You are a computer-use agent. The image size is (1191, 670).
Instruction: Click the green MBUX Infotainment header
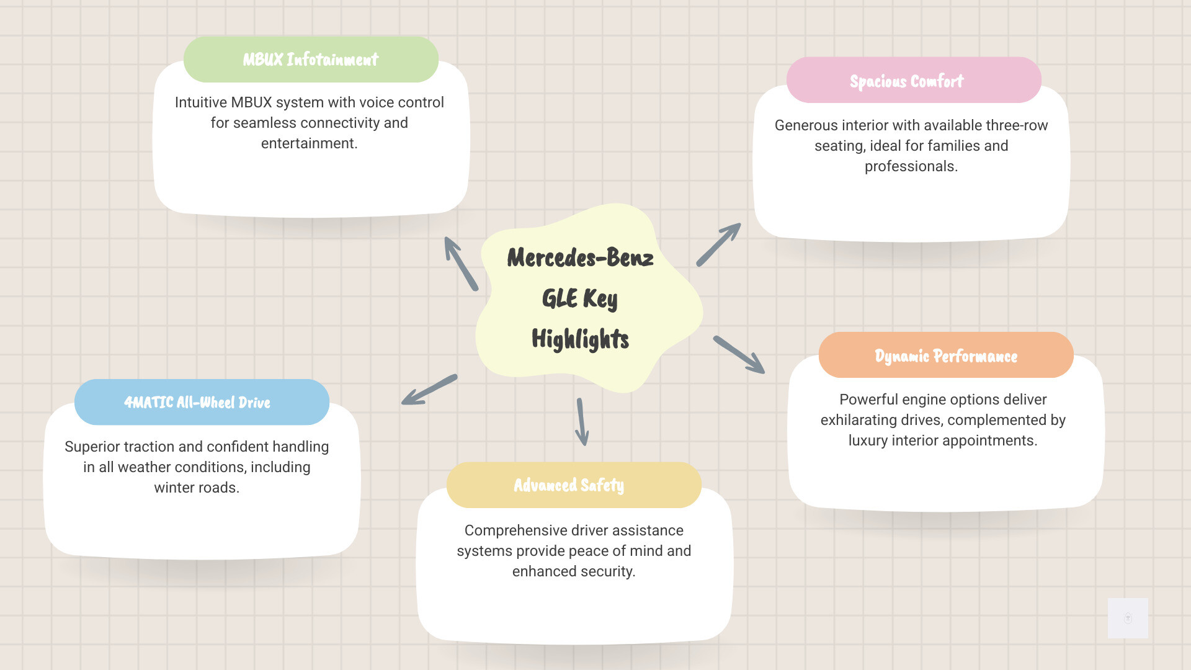click(x=311, y=60)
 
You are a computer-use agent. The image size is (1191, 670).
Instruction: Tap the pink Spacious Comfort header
click(x=914, y=80)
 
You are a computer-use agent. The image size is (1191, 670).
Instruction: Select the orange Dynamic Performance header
click(x=946, y=355)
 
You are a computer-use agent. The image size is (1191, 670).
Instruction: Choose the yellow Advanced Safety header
click(x=574, y=485)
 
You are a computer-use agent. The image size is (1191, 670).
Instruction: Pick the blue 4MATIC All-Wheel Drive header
click(x=202, y=402)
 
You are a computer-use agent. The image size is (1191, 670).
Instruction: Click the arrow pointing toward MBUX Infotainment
click(x=461, y=264)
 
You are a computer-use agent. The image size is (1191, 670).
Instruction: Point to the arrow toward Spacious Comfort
click(x=719, y=244)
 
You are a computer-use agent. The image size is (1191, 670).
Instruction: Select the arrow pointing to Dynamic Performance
click(x=739, y=355)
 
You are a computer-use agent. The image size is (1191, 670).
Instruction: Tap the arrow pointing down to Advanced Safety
click(x=582, y=422)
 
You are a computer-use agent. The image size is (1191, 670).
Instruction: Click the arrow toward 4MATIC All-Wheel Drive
click(x=429, y=390)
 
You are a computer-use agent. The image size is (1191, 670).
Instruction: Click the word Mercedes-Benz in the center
click(x=580, y=257)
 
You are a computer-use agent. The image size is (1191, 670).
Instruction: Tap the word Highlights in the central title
click(x=580, y=339)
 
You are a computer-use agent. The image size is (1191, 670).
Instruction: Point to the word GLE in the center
click(x=560, y=298)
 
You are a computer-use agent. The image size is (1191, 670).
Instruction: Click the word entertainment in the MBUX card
click(x=309, y=143)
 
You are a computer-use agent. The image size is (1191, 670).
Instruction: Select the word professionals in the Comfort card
click(x=911, y=166)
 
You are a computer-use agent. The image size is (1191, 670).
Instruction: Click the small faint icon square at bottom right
click(x=1128, y=618)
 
